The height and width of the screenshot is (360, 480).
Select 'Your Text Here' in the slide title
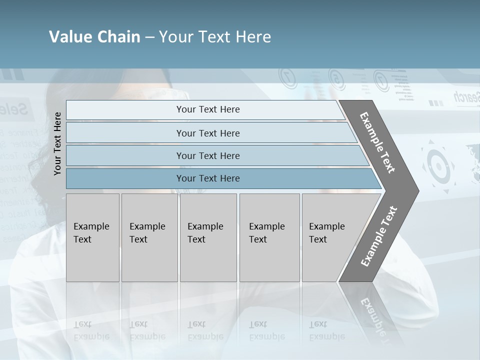pos(215,37)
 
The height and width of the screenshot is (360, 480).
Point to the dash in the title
pos(149,37)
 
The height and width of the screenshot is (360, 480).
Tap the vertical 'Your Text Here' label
pos(58,144)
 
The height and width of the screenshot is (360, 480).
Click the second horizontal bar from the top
pos(208,133)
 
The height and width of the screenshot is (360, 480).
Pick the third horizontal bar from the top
pos(208,155)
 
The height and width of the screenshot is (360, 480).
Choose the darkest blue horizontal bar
pos(208,178)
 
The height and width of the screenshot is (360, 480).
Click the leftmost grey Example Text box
pos(92,237)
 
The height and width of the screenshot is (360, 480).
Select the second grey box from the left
pos(149,237)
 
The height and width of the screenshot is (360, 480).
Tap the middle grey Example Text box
pos(208,237)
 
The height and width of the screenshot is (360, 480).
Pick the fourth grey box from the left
pos(269,237)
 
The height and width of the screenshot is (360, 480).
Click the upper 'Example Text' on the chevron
pos(377,142)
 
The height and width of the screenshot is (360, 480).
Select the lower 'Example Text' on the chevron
pos(379,236)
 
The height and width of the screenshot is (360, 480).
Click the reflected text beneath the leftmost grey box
pos(91,330)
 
